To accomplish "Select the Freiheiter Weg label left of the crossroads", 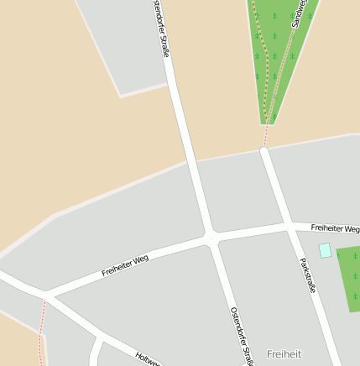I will click(x=125, y=265).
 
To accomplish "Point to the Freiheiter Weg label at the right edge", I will click(x=335, y=227).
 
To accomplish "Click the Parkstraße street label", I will click(x=308, y=275).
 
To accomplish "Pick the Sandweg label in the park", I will click(x=300, y=14).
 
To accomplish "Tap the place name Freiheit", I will click(x=284, y=354).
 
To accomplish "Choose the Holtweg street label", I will click(x=148, y=358).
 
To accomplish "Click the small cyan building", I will click(x=325, y=250).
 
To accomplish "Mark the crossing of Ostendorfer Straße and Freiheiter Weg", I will click(x=210, y=238).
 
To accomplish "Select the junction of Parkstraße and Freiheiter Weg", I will click(x=289, y=225).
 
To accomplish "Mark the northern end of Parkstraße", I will click(x=264, y=151).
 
